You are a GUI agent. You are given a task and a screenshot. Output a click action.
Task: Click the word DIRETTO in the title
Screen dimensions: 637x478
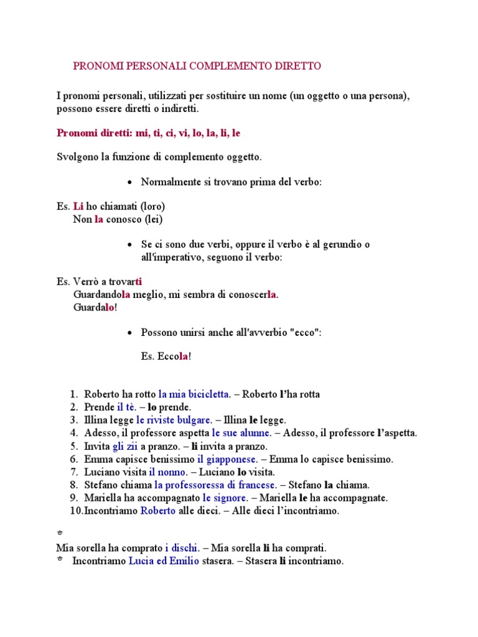click(298, 65)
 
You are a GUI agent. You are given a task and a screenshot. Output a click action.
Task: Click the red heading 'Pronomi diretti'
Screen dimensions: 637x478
click(94, 133)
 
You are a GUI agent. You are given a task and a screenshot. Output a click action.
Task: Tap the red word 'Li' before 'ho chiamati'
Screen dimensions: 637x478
click(78, 206)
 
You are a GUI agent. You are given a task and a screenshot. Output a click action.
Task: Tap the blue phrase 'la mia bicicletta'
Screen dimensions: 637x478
click(194, 394)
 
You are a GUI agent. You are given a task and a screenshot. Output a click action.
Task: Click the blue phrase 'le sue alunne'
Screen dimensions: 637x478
click(241, 432)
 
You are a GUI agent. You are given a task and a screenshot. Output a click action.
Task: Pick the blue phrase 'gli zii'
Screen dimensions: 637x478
click(125, 446)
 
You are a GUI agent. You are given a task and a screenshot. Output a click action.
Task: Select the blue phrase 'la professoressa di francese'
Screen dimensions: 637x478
click(215, 485)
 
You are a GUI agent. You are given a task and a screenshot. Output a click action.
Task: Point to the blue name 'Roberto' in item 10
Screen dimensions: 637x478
click(158, 511)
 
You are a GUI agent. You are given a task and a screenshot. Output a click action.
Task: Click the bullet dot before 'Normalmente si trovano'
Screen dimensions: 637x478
click(129, 183)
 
